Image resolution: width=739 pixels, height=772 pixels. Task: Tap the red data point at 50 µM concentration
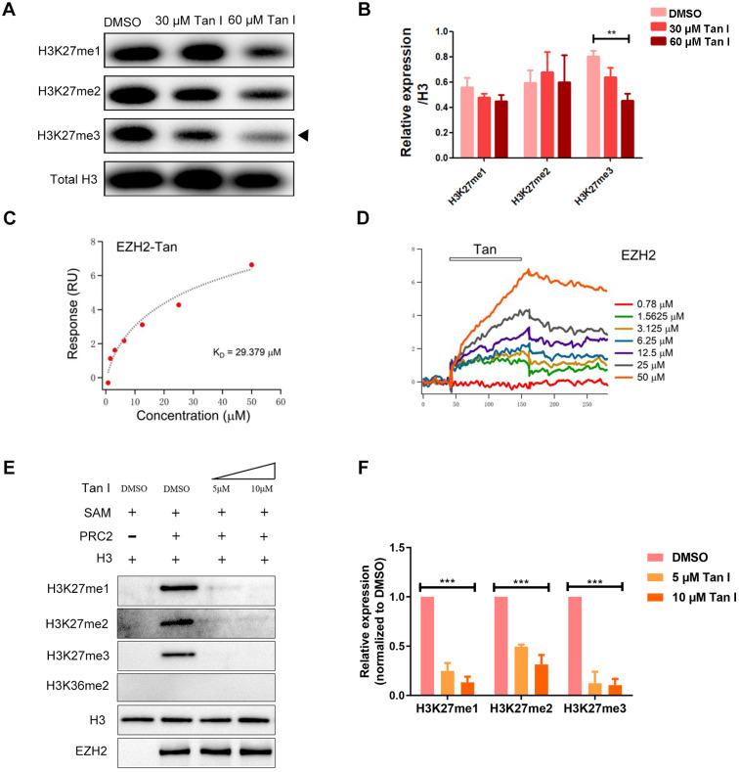pos(251,265)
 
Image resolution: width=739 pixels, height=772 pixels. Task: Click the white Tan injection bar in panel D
pos(485,259)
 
